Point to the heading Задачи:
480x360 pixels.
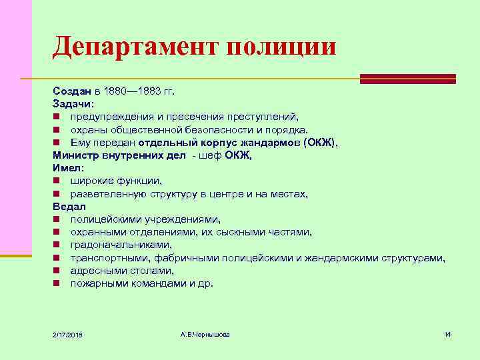tap(74, 104)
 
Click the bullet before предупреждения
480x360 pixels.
tap(57, 117)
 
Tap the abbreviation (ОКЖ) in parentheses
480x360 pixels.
tap(320, 142)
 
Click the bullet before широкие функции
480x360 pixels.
tap(57, 181)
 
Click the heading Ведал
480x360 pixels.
tap(69, 207)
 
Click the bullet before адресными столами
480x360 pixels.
tap(57, 271)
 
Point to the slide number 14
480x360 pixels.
tap(447, 333)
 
